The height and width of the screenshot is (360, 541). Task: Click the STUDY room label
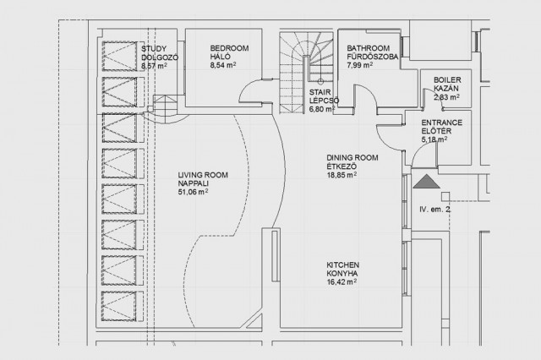(154, 49)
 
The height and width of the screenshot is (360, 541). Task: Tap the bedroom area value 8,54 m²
(223, 65)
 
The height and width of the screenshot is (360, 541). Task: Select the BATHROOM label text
(369, 48)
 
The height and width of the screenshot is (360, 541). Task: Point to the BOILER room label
(447, 80)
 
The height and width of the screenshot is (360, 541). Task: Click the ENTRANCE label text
(442, 123)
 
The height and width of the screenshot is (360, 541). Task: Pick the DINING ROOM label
(352, 158)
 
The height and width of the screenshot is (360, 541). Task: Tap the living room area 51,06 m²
(194, 192)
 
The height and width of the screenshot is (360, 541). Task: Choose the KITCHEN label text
(343, 265)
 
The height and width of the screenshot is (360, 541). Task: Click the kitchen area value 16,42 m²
(342, 282)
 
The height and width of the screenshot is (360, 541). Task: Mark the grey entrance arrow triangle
(427, 183)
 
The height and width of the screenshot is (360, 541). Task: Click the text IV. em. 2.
(435, 210)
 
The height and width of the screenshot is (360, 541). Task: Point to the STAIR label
(320, 92)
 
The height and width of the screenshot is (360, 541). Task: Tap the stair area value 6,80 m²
(322, 109)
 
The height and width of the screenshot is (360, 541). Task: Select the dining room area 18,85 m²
(342, 175)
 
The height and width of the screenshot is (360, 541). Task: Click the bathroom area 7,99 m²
(360, 65)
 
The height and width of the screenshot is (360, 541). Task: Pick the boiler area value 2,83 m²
(447, 97)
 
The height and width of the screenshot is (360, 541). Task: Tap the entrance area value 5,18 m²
(434, 139)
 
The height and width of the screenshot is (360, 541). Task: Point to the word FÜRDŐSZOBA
(373, 57)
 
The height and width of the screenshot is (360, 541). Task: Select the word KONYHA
(342, 274)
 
